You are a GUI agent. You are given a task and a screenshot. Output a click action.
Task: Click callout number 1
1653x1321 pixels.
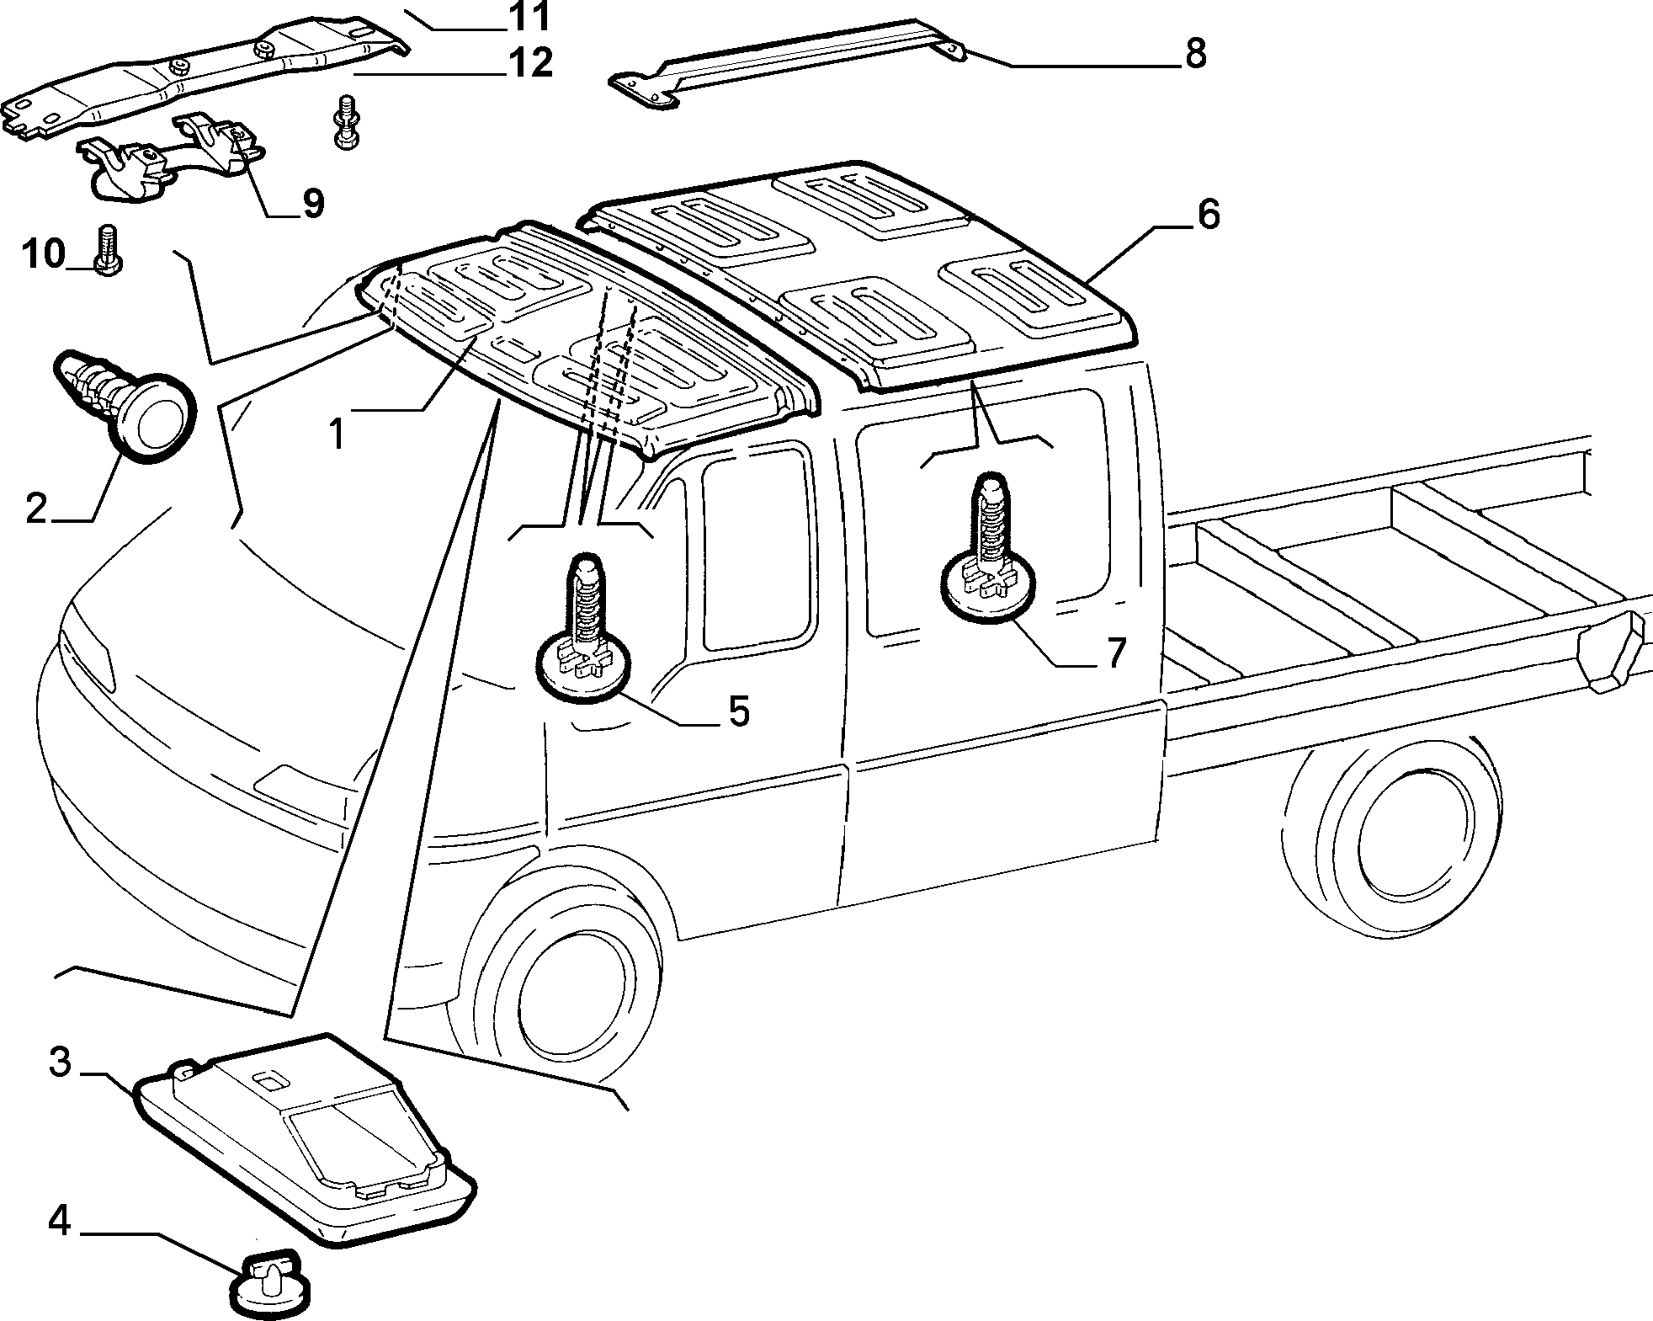coord(337,434)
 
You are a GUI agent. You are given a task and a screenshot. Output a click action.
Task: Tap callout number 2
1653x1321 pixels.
coord(36,508)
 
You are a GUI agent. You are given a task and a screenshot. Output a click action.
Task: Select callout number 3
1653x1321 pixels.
coord(60,1063)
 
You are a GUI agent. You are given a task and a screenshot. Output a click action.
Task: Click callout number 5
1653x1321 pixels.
coord(737,711)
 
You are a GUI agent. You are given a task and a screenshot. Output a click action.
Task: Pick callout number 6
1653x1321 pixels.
coord(1208,216)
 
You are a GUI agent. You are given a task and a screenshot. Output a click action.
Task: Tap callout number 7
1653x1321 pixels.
coord(1115,653)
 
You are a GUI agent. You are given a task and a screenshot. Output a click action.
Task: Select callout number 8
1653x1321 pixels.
coord(1194,53)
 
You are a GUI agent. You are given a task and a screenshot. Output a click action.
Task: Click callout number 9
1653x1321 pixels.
coord(313,203)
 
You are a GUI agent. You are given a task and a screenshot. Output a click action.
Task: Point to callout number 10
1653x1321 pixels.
coord(44,253)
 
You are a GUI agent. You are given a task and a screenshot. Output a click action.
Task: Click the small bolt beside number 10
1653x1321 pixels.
coord(106,250)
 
